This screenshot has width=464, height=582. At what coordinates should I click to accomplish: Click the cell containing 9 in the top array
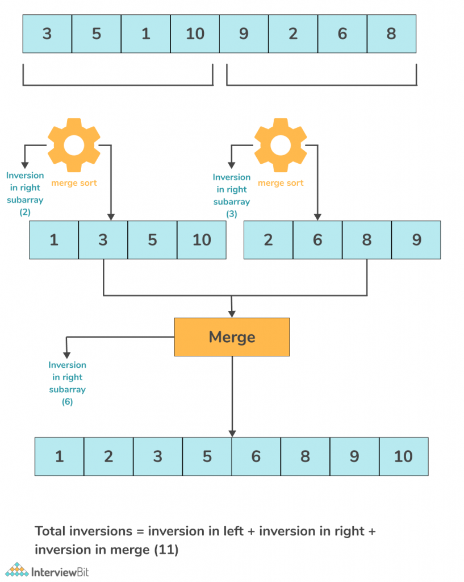[x=244, y=34]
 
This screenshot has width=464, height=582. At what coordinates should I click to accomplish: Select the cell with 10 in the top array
[x=195, y=34]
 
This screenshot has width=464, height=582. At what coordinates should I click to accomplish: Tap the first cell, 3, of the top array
[x=47, y=34]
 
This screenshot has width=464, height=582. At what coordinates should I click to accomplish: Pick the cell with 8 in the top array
[x=391, y=34]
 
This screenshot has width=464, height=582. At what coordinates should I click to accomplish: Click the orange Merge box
[x=232, y=337]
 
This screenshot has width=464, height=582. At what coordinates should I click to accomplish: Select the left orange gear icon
[x=74, y=145]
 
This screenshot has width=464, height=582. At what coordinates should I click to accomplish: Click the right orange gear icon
[x=281, y=145]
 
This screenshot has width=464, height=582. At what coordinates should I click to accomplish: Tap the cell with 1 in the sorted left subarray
[x=54, y=240]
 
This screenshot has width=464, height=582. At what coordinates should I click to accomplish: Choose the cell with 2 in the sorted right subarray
[x=268, y=240]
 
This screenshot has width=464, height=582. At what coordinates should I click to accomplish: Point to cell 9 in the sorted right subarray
[x=416, y=240]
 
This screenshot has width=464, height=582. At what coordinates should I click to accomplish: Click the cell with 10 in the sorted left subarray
[x=202, y=240]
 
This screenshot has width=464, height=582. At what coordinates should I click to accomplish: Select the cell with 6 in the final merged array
[x=256, y=456]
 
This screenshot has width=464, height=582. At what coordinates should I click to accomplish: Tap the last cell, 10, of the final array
[x=404, y=456]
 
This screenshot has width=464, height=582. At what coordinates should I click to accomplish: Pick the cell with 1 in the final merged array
[x=60, y=456]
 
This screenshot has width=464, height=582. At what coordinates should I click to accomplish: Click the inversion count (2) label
[x=25, y=212]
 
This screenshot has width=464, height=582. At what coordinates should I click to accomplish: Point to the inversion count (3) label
[x=232, y=214]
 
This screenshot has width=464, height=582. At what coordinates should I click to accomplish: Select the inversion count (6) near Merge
[x=67, y=402]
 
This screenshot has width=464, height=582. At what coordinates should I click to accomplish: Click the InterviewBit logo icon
[x=17, y=569]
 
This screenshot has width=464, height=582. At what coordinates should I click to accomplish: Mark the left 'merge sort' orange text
[x=74, y=183]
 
